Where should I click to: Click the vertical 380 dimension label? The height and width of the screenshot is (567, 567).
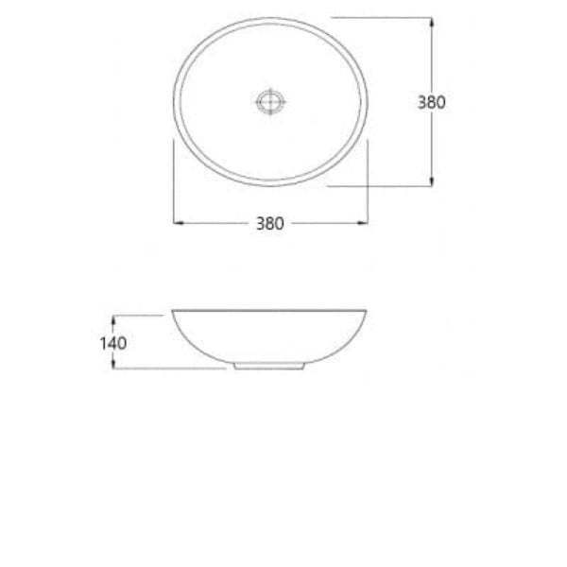[431, 102]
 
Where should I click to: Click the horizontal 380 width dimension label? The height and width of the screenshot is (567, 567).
[269, 224]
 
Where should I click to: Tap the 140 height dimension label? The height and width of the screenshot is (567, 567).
[112, 342]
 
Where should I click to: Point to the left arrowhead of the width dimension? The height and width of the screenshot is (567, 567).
[178, 223]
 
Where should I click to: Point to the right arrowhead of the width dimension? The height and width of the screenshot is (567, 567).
[364, 223]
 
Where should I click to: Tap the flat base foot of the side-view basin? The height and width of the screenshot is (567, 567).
[268, 366]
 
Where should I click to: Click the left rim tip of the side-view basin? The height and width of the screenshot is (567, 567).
[174, 312]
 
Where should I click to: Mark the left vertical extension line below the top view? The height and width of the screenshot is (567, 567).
[173, 180]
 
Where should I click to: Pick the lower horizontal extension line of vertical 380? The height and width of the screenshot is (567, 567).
[378, 186]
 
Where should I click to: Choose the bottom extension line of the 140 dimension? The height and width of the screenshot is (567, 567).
[170, 369]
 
